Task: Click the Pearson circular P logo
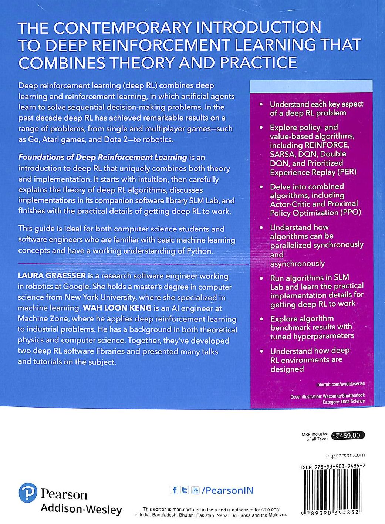pos(28,493)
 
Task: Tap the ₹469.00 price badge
pos(348,436)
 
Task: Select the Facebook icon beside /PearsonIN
pos(174,490)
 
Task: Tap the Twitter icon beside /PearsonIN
pos(184,490)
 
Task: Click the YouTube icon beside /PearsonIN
pos(195,491)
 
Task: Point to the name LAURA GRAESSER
pos(52,276)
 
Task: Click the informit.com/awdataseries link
pos(340,384)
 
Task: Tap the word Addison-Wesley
pos(81,509)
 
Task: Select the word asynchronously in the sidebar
pos(297,264)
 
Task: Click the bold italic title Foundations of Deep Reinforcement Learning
pos(103,157)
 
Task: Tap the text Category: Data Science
pos(343,401)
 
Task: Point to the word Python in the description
pos(199,251)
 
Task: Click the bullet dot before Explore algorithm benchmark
pos(262,319)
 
